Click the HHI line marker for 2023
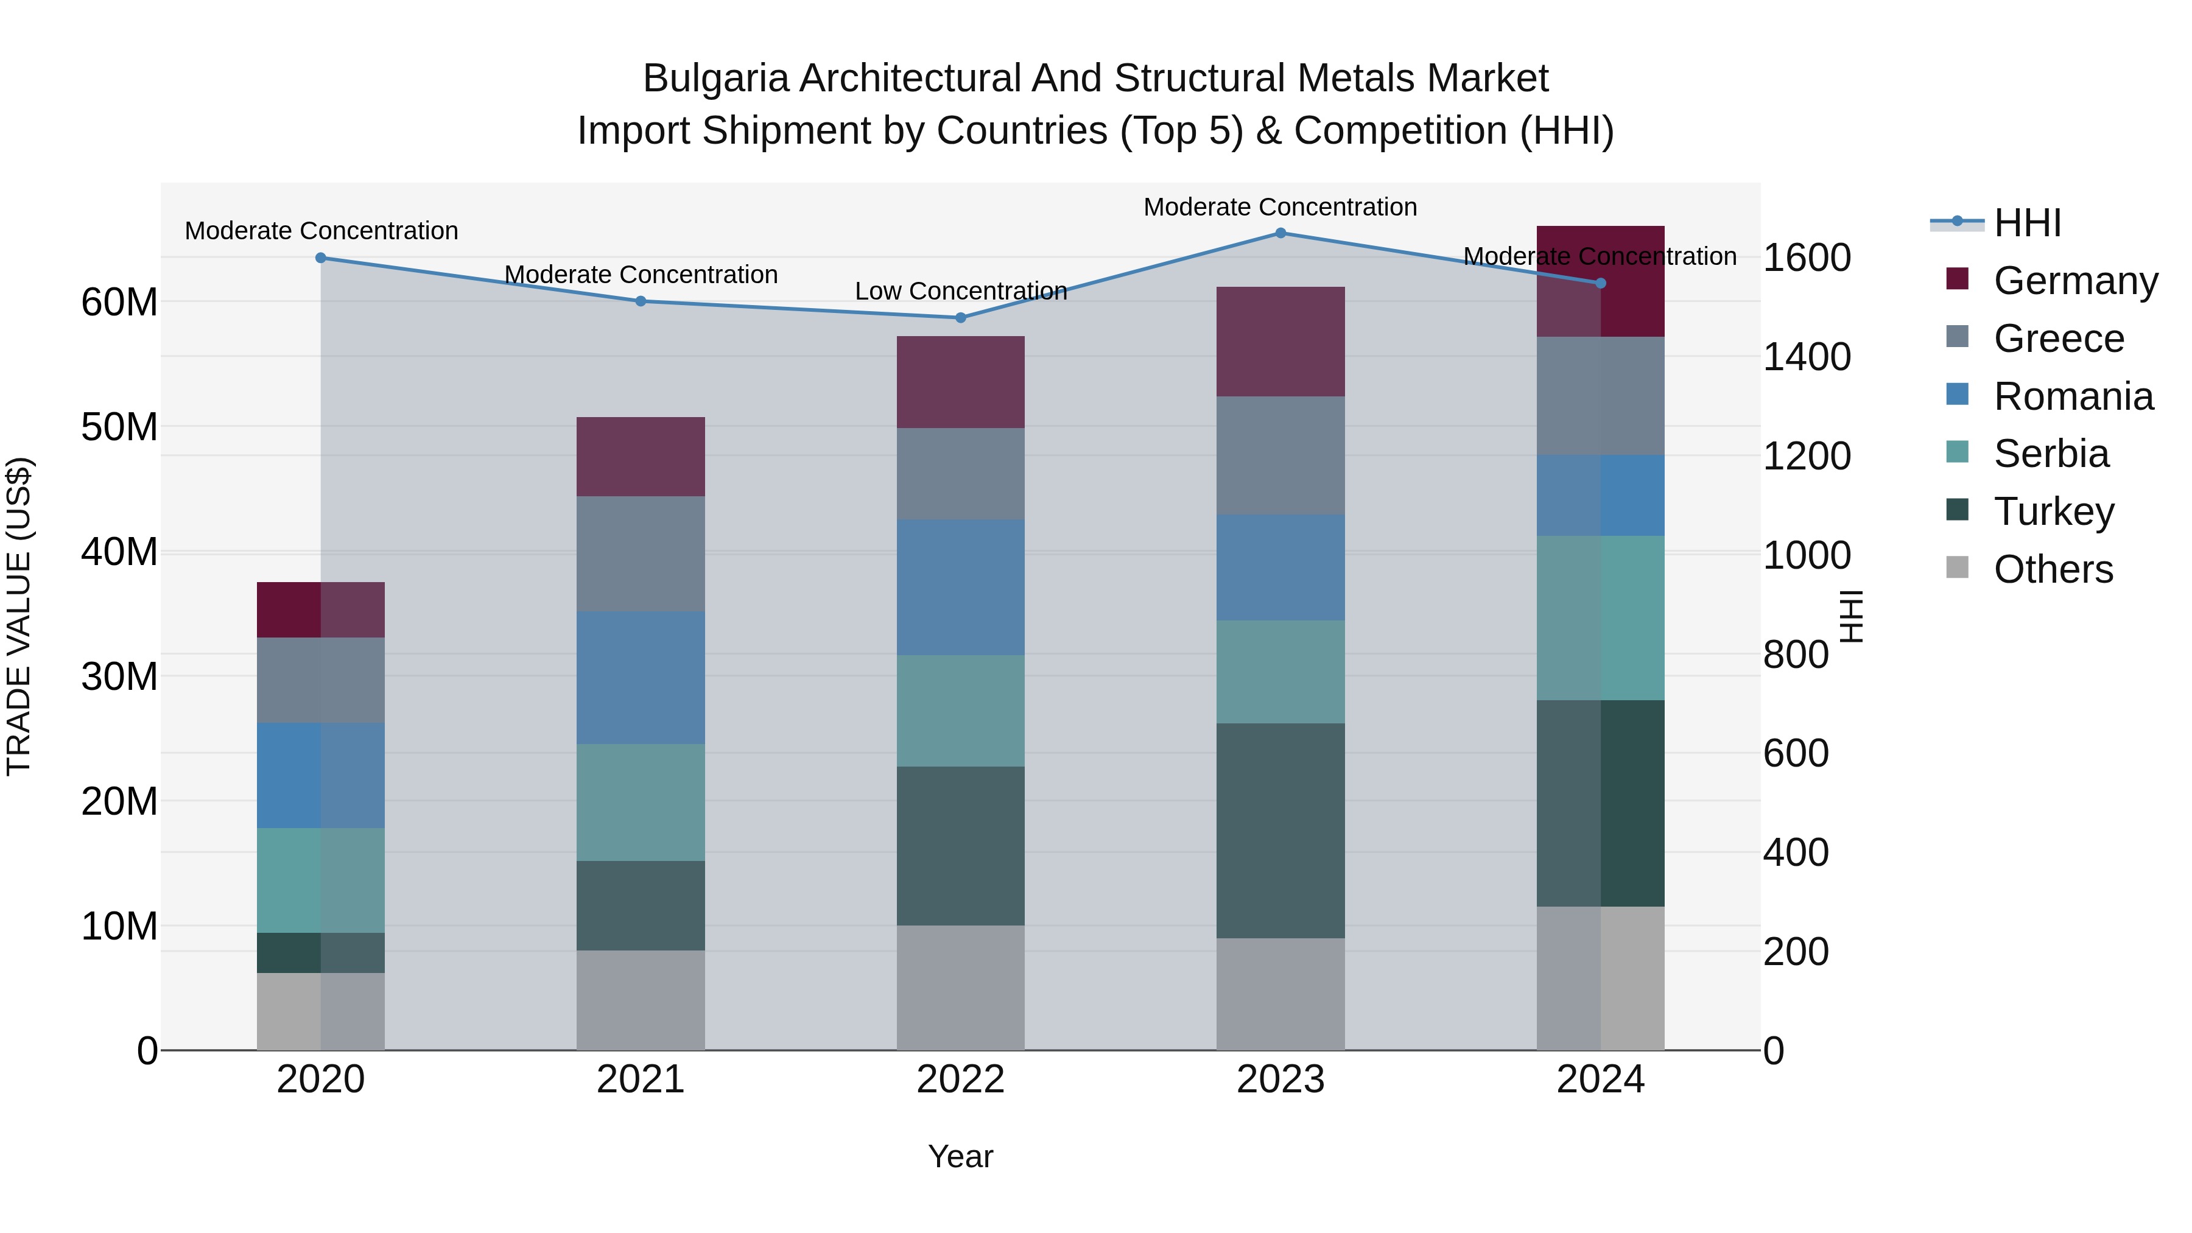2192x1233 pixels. [x=1280, y=233]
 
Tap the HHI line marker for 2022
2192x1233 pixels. [x=961, y=317]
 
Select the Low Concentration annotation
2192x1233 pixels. [x=961, y=291]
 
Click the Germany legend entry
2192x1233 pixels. [x=2074, y=281]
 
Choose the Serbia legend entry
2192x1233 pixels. [x=2051, y=454]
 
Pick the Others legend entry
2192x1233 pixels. [x=2053, y=569]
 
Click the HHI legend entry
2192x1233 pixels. [x=2027, y=223]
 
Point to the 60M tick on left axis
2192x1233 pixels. [x=119, y=302]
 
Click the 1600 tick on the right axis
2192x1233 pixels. [x=1807, y=258]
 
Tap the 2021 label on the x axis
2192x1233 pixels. [x=640, y=1080]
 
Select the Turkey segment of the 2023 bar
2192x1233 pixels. [x=1280, y=831]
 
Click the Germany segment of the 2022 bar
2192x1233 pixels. [x=961, y=382]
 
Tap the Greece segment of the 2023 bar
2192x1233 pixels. [x=1280, y=455]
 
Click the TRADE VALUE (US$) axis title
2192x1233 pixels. [x=19, y=616]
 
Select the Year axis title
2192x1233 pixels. [x=961, y=1156]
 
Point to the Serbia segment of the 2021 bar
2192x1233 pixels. [x=640, y=803]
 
